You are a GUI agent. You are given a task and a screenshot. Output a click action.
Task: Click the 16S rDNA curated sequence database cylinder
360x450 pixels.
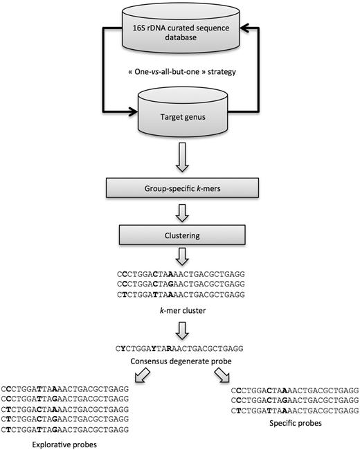(180, 31)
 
